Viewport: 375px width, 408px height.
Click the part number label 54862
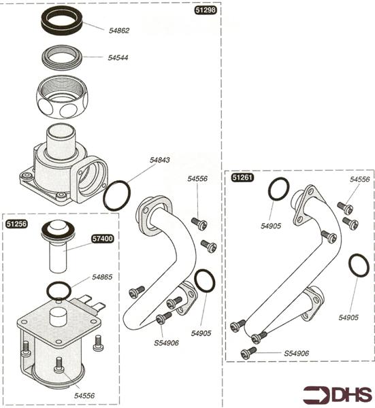coord(118,31)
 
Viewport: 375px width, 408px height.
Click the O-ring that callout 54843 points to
coord(116,196)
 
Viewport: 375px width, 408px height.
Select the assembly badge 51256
coord(16,223)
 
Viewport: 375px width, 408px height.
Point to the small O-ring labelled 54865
coord(59,291)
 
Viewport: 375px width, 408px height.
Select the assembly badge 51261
coord(242,178)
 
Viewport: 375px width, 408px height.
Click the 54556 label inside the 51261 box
coord(360,180)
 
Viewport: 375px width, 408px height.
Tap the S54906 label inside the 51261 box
coord(297,353)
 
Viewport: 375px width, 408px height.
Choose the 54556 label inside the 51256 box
coord(84,394)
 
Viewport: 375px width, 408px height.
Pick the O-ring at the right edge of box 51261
coord(359,266)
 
